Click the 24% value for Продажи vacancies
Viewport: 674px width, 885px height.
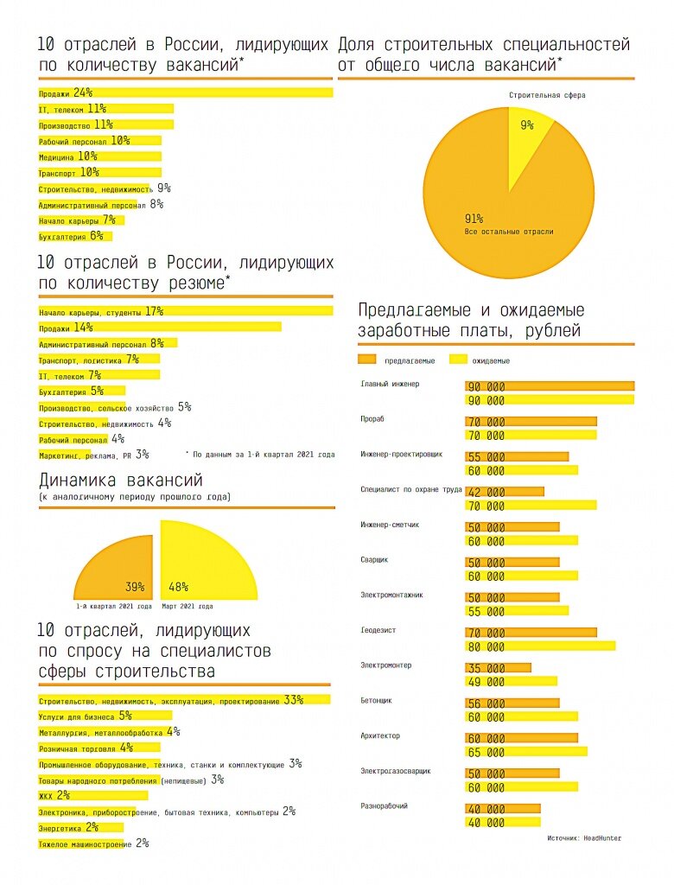click(83, 92)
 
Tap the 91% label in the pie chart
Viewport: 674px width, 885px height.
click(474, 219)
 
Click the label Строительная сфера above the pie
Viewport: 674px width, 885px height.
click(547, 95)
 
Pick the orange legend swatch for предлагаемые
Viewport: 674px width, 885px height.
click(367, 360)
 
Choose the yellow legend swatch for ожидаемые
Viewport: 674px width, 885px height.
click(458, 360)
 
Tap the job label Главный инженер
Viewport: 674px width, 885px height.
click(389, 384)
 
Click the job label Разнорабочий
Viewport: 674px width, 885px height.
click(384, 806)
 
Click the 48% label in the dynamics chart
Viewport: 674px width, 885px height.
click(179, 588)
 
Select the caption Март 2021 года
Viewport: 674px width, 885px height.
click(188, 607)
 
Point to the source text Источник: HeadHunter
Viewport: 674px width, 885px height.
click(584, 837)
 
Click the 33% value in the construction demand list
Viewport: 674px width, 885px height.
click(293, 699)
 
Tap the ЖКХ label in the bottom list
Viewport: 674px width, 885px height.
click(47, 795)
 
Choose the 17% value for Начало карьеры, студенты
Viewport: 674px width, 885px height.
click(155, 311)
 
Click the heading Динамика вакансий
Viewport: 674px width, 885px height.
click(121, 481)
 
